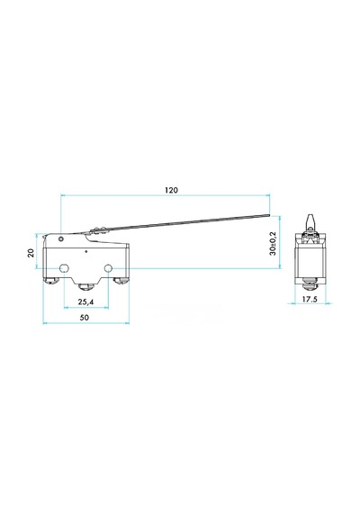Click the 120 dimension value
171,190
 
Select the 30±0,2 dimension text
273,243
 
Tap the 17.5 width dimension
310,299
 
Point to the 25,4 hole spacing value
85,302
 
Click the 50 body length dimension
85,318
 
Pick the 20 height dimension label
31,253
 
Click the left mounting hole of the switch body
64,268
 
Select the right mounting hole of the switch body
108,268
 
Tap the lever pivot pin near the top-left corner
60,239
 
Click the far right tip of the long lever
269,215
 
